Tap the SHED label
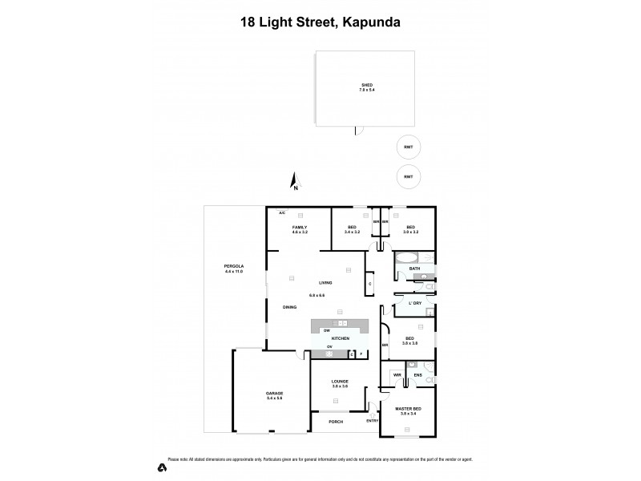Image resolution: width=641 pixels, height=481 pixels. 367,85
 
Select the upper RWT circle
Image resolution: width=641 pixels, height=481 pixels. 409,148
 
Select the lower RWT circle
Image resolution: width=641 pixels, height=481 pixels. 409,176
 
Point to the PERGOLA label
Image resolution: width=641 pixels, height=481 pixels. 234,266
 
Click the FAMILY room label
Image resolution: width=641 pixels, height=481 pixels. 299,228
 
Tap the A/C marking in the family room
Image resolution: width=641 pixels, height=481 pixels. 282,213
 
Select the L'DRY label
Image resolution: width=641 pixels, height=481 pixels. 415,303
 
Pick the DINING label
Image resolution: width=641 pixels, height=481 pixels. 290,307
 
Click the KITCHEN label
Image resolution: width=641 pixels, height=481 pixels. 341,338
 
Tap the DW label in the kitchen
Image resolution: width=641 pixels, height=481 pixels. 326,330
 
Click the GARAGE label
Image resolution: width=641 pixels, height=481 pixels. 275,394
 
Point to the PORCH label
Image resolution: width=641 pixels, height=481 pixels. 336,421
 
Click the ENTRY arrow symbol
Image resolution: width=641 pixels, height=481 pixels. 373,414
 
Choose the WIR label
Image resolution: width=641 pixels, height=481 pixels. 397,374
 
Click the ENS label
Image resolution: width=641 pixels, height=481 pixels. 417,374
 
